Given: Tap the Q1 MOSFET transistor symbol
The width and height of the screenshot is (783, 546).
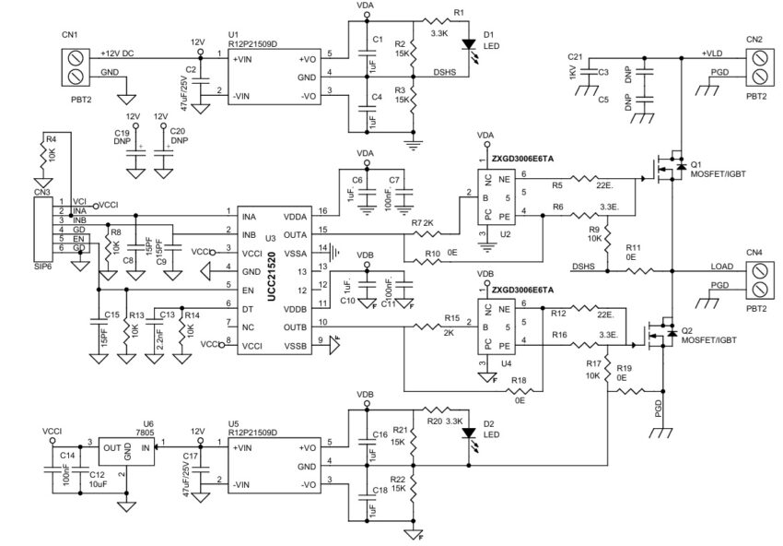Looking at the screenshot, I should coord(665,171).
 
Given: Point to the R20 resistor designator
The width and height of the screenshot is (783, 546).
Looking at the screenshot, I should coord(434,420).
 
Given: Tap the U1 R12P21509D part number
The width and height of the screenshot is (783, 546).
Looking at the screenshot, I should coord(253,42).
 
